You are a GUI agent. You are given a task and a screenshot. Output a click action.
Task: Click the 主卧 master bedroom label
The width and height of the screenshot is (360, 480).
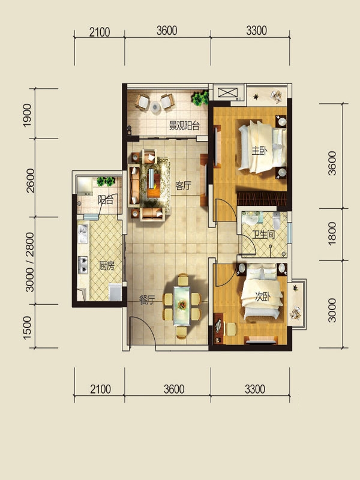coord(259,151)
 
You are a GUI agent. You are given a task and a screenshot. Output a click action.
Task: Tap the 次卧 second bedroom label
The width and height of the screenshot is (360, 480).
coord(263,296)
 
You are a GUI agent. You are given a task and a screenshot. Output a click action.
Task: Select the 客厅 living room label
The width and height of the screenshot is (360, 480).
coord(183,186)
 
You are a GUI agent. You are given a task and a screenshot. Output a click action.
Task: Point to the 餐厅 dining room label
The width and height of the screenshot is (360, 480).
coord(147,300)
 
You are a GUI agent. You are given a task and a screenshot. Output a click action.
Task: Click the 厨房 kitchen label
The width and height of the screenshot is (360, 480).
coord(107,266)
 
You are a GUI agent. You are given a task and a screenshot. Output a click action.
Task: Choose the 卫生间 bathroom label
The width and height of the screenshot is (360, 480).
coord(263,235)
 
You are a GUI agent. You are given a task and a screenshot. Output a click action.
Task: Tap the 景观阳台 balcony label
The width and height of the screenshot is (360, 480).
coord(184,125)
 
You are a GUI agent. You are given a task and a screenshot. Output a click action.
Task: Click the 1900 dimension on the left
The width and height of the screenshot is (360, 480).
coord(27,115)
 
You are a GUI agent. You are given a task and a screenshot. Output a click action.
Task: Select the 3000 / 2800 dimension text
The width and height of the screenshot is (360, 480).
coord(29,262)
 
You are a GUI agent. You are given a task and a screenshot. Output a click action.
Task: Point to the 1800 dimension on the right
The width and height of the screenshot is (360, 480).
coord(332,233)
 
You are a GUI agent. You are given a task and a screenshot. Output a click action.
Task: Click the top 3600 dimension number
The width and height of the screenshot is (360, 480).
coord(167,31)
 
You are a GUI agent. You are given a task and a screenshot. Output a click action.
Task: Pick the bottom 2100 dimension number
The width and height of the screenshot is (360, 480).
coord(100,389)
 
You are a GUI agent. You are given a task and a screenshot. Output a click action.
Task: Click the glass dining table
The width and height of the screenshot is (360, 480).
coord(182,305)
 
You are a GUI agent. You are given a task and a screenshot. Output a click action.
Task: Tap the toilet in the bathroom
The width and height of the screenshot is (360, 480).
coord(276,221)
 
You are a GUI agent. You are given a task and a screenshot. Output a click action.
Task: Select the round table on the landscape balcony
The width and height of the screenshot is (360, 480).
coord(155,107)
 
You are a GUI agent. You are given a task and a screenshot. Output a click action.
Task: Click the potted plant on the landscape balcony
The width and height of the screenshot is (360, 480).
coord(200,98)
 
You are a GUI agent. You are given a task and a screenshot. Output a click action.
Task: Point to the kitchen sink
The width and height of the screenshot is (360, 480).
coord(83,233)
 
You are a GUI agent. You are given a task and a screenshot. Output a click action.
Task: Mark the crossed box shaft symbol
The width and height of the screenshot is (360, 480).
coord(227,92)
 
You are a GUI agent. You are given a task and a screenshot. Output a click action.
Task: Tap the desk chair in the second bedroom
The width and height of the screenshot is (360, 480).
coord(231,329)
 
